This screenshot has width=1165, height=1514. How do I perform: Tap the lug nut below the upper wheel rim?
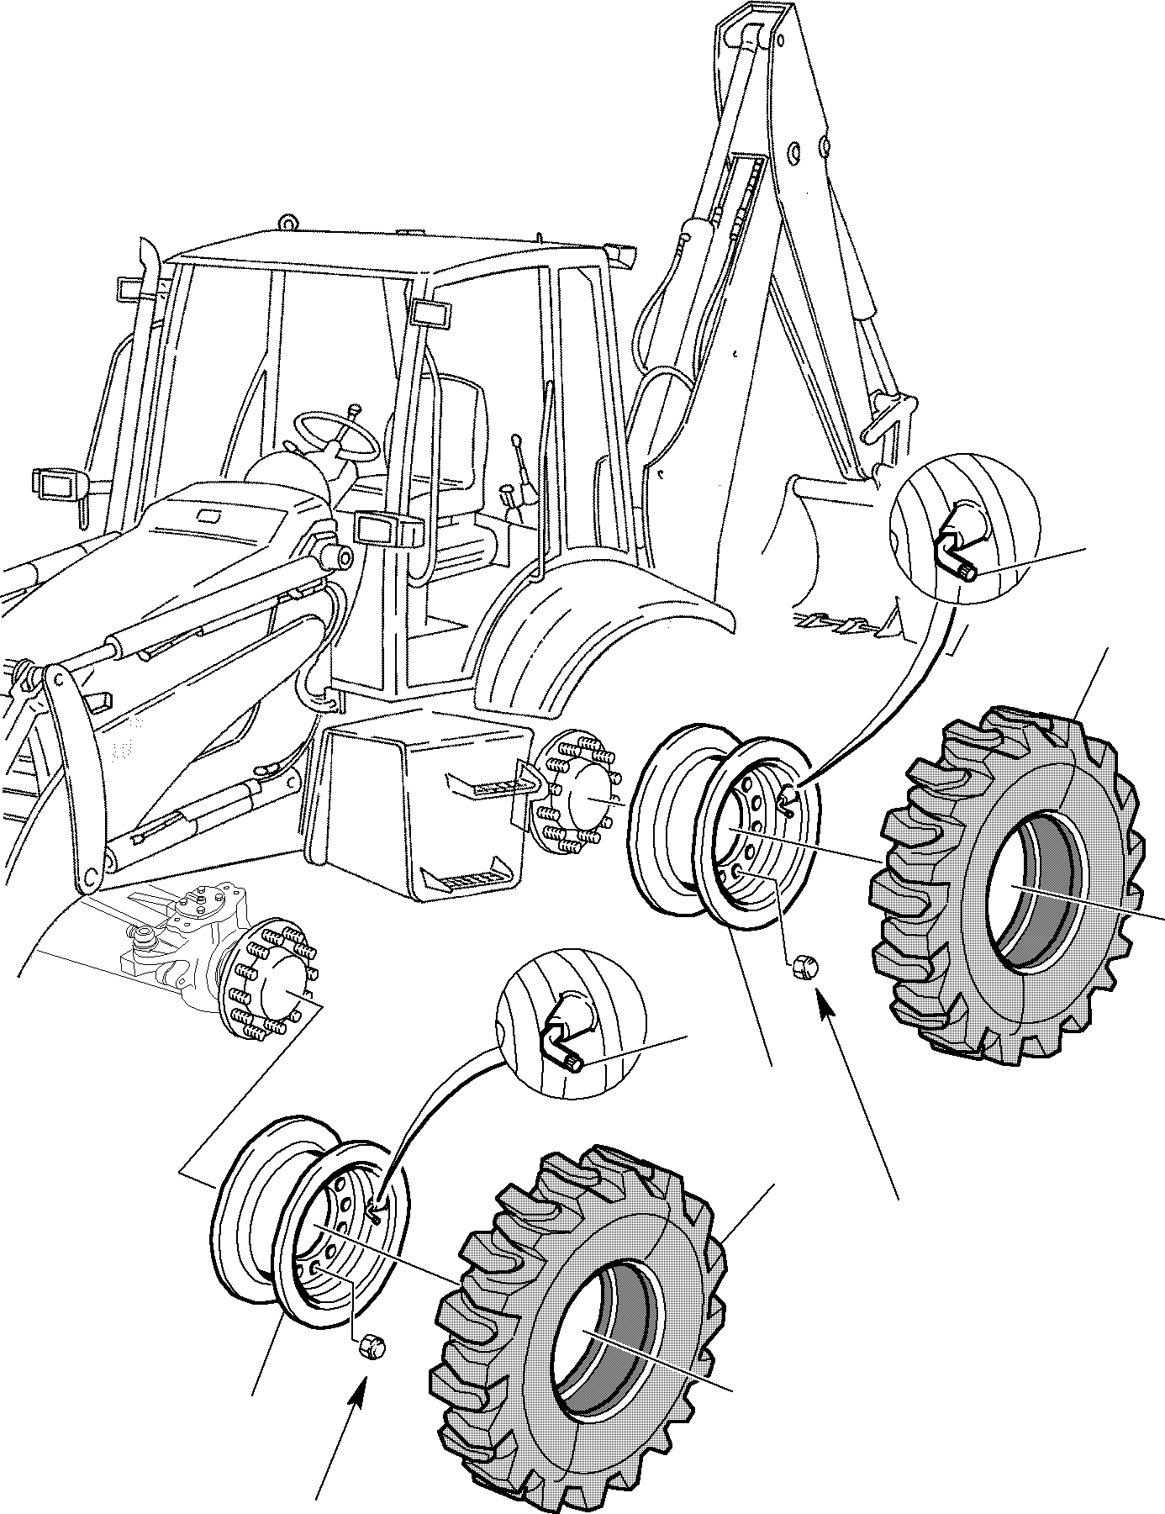[x=803, y=966]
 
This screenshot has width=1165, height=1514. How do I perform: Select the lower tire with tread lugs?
[x=580, y=1337]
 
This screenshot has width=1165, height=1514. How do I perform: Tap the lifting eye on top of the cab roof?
[x=289, y=223]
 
